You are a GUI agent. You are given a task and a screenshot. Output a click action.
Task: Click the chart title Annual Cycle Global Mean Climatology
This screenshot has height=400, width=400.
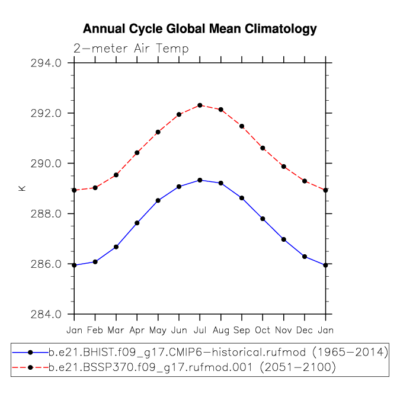[x=200, y=29]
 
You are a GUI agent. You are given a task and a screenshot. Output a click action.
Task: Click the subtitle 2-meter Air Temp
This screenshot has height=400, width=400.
[x=131, y=49]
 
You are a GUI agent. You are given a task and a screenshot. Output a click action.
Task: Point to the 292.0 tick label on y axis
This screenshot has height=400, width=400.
[x=46, y=113]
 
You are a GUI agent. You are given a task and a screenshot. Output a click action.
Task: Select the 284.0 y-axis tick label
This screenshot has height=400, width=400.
[x=46, y=314]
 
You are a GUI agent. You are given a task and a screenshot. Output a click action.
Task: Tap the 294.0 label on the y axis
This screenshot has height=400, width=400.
[x=46, y=63]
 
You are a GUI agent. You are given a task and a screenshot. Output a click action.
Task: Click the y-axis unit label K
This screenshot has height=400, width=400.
[x=22, y=188]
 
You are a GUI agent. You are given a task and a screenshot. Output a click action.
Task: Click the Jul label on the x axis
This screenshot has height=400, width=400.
[x=200, y=330]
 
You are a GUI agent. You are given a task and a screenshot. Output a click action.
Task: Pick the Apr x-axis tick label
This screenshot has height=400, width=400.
[x=137, y=331]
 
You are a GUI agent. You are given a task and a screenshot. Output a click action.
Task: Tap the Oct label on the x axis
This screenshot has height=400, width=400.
[x=263, y=330]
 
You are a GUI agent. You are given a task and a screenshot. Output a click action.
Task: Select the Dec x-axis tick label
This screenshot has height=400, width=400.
[x=305, y=330]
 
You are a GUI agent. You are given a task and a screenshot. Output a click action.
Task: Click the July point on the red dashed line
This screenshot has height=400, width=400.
[x=200, y=105]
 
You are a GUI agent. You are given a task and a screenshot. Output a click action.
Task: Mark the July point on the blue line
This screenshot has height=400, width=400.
[x=200, y=180]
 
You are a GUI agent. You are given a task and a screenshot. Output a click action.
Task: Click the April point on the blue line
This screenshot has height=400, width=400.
[x=137, y=223]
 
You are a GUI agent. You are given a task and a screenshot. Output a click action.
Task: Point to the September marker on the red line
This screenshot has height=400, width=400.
[x=242, y=126]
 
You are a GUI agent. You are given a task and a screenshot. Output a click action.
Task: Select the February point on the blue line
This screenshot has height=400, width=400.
[x=95, y=262]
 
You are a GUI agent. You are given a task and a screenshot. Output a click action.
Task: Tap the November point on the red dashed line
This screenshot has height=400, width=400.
[x=284, y=167]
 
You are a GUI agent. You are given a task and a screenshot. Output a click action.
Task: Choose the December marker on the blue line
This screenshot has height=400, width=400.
[x=305, y=257]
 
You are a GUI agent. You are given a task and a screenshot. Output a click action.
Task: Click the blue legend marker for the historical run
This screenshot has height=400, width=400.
[x=30, y=353]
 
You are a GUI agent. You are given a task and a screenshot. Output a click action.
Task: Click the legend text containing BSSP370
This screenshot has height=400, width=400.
[x=151, y=367]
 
